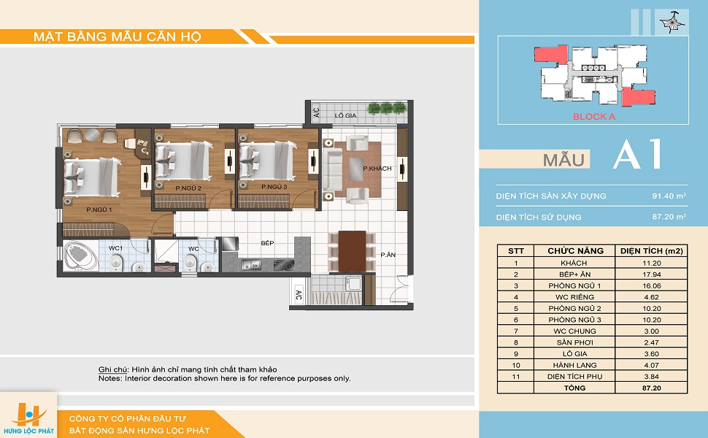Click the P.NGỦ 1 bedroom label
tap(99, 210)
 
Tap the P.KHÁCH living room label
tap(377, 169)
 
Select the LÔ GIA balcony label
tap(345, 115)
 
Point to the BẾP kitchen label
tap(267, 243)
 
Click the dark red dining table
tap(352, 251)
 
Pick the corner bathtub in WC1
tap(80, 256)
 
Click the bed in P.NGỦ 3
tap(267, 161)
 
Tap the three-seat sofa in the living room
tap(332, 169)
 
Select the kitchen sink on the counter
tap(251, 264)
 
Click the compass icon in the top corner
tap(669, 22)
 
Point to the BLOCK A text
tap(593, 117)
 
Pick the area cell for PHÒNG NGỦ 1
tap(651, 286)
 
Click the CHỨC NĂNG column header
tap(575, 251)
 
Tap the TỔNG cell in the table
tap(574, 388)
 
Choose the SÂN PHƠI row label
tap(575, 342)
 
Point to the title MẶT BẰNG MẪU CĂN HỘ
tap(117, 36)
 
